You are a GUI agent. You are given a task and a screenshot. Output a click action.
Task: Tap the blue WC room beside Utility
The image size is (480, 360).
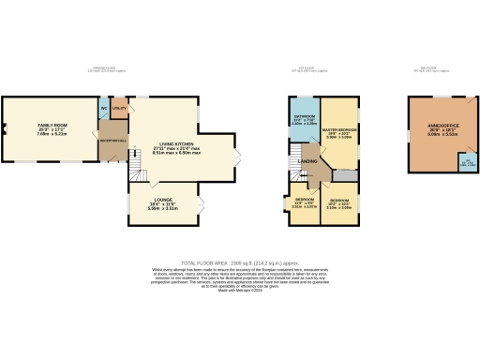point(103,108)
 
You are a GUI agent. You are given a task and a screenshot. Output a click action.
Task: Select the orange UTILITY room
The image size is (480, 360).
point(119,110)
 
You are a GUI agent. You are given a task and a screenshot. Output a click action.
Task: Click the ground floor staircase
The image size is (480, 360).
point(135,170)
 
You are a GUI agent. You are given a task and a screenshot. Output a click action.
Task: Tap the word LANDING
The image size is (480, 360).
point(307,161)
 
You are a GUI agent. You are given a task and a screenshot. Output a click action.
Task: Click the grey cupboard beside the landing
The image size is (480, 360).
point(342,175)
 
